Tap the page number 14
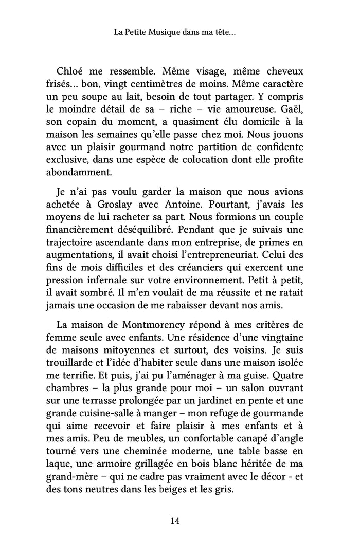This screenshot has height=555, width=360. (174, 521)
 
